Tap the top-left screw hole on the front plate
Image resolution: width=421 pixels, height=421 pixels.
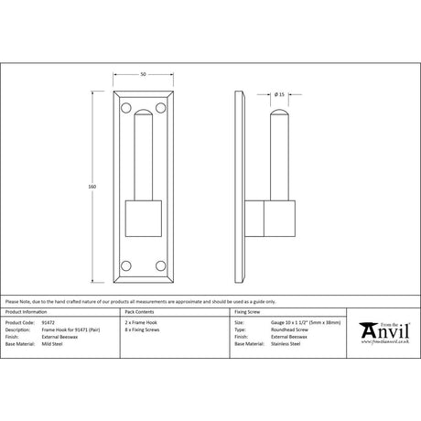click(x=124, y=108)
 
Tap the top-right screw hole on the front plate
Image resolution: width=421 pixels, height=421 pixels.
click(x=162, y=108)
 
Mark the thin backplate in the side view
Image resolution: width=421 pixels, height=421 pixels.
click(x=242, y=188)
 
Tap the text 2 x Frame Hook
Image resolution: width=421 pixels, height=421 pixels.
click(x=141, y=323)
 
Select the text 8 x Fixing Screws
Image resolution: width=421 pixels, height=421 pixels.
click(x=144, y=329)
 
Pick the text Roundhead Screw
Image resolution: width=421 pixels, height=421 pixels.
click(x=290, y=329)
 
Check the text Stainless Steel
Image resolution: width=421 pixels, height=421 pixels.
click(x=287, y=343)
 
